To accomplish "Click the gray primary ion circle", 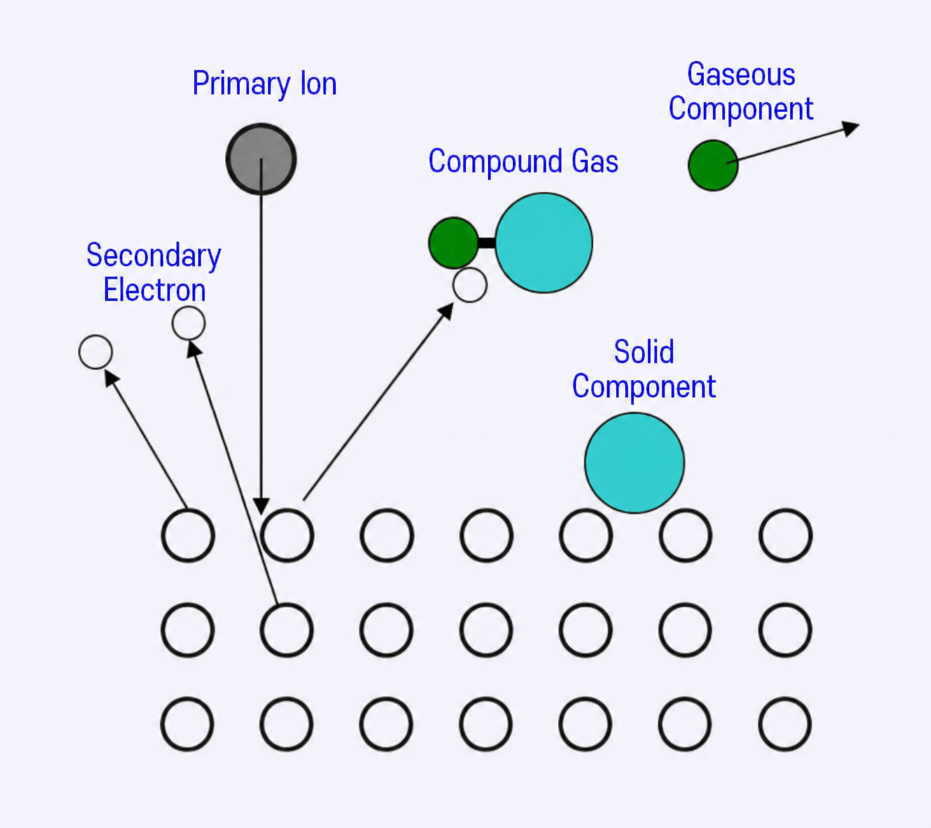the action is (261, 159).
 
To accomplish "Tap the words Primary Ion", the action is (265, 83).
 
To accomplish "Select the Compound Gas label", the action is (524, 162).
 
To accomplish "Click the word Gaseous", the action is (741, 74).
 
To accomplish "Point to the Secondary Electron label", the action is (154, 272).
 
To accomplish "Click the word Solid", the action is (644, 352).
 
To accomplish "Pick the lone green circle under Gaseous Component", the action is (713, 165).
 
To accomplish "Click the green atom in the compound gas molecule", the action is (454, 243).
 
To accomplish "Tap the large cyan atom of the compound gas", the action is (544, 243).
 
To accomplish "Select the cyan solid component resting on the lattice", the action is (635, 463).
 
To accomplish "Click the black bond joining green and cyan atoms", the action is (486, 243).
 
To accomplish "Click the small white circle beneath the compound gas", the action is (470, 285).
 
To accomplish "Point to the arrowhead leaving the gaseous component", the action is (850, 128).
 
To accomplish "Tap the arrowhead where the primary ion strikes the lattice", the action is (261, 506).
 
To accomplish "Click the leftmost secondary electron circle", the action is (96, 352).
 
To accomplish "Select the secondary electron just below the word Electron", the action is (189, 323).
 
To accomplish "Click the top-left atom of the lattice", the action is (188, 535).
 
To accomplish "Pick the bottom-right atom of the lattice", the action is (785, 724).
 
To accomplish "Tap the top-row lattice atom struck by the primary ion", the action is (287, 535).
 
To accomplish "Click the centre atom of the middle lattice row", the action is (486, 630).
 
